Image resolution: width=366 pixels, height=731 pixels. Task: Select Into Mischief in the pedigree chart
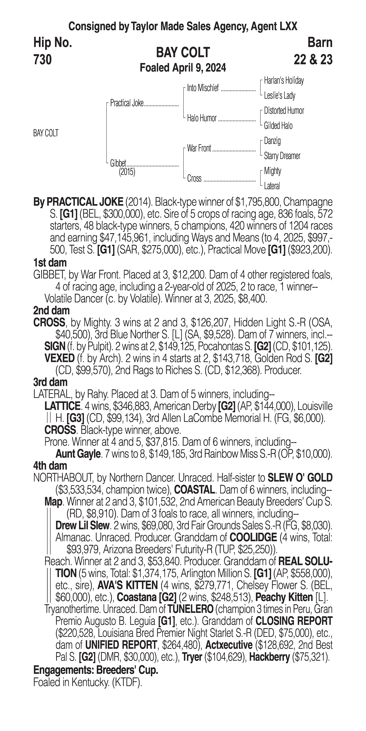203,88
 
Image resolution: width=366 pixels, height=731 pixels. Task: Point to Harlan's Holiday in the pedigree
284,81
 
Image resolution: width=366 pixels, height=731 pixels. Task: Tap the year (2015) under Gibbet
127,172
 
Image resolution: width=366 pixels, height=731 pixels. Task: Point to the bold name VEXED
59,358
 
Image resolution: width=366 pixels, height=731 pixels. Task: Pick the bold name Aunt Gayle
78,454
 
